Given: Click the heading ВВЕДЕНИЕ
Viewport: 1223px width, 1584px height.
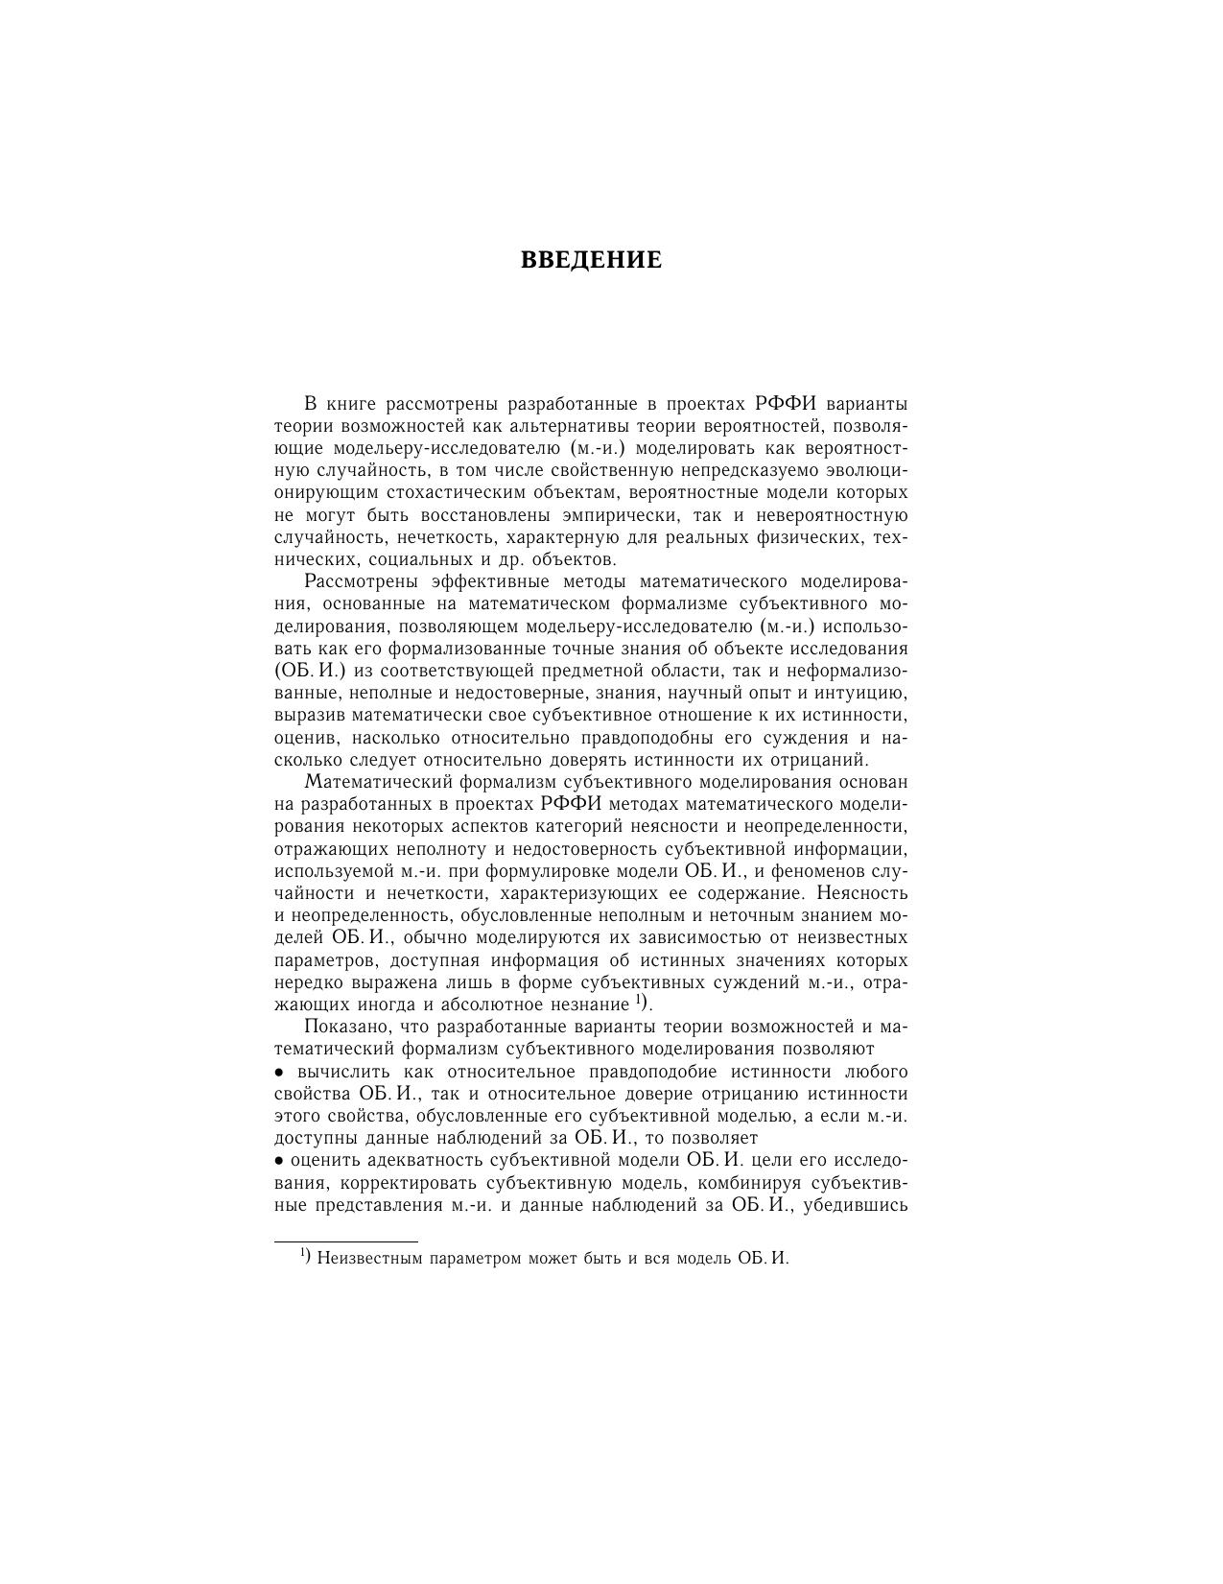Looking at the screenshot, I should [591, 260].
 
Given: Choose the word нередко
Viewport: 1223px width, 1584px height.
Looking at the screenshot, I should [309, 982].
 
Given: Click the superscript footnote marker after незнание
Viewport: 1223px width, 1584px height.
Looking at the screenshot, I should [639, 1002].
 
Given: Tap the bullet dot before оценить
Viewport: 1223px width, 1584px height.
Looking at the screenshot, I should [279, 1161].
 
